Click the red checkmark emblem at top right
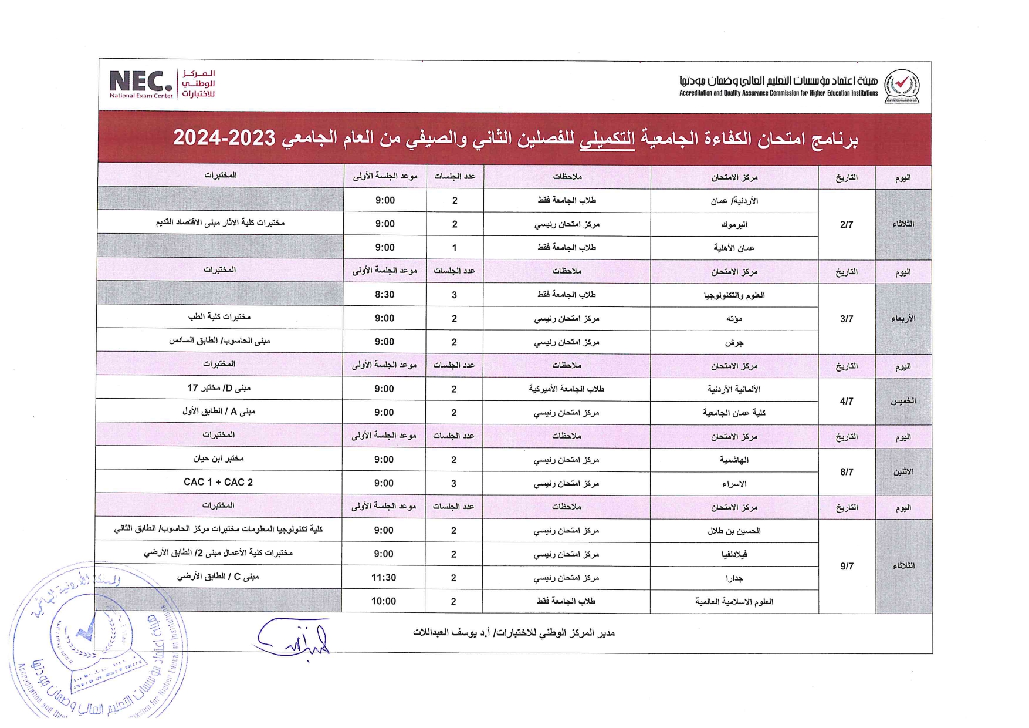point(901,86)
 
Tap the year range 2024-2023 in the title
point(224,138)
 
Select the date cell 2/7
point(846,224)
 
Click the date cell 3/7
point(846,319)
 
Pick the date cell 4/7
point(846,401)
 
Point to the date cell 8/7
point(846,472)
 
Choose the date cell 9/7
point(846,566)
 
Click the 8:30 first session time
point(384,295)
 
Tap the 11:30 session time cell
point(384,578)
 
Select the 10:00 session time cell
point(384,601)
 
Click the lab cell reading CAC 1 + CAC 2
point(218,482)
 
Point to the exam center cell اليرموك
point(734,224)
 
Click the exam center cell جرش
point(734,342)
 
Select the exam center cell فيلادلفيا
point(734,554)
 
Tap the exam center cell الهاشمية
point(734,460)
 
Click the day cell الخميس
point(903,401)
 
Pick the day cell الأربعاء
point(903,319)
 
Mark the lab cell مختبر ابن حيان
point(218,459)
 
